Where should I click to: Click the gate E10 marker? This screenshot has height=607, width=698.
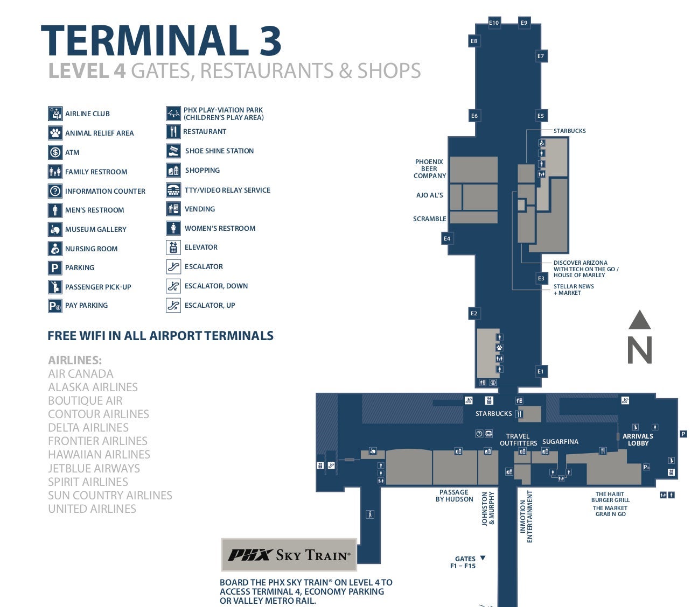[x=494, y=23]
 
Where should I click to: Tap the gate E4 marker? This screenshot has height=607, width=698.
[x=447, y=238]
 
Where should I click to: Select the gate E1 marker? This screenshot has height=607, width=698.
[x=541, y=371]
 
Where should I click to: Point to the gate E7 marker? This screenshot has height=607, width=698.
[x=541, y=56]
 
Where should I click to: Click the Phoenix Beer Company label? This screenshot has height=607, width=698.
[x=429, y=168]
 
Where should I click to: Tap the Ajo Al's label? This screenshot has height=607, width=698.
[x=429, y=195]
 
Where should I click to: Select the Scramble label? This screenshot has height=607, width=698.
[x=429, y=219]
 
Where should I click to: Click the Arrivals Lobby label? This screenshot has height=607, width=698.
[x=638, y=440]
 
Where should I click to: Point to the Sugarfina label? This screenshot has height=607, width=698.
[x=560, y=442]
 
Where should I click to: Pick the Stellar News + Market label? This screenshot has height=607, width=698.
[x=573, y=290]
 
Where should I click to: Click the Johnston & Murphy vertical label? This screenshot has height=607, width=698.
[x=488, y=509]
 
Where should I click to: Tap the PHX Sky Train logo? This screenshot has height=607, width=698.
[x=289, y=555]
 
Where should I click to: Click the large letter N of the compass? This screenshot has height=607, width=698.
[x=640, y=350]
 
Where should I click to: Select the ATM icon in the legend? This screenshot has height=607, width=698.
[x=55, y=152]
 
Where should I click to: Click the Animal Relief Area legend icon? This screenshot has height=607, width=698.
[x=55, y=133]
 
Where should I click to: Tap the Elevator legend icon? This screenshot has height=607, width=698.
[x=173, y=248]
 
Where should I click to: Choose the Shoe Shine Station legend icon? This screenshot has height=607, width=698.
[x=173, y=151]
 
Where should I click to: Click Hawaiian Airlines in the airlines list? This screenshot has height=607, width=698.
[x=99, y=455]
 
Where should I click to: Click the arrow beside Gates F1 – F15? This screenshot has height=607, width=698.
[x=483, y=558]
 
